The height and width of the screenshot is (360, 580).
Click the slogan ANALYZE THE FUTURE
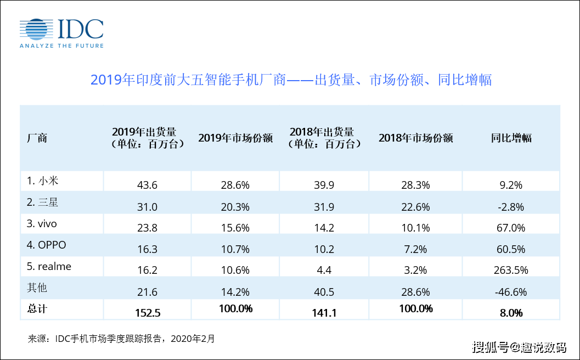(61, 46)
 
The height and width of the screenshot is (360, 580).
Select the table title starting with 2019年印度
(290, 80)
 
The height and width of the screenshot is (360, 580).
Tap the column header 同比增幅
(511, 138)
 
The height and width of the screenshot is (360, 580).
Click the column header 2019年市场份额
(235, 138)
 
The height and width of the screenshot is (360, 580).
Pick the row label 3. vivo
(42, 223)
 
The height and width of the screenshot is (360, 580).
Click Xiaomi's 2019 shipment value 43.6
(147, 185)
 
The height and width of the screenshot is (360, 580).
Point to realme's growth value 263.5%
(511, 270)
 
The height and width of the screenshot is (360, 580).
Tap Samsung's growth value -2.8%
(511, 207)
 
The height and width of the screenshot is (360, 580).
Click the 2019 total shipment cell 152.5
(147, 313)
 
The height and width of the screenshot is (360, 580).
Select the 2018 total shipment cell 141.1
(324, 313)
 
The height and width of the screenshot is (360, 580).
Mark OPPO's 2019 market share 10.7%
(235, 249)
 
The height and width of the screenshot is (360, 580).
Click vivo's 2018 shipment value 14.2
(324, 228)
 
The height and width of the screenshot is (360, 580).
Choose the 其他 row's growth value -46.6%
(511, 291)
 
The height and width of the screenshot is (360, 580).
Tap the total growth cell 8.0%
(511, 313)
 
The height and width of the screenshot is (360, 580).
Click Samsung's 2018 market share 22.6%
(415, 207)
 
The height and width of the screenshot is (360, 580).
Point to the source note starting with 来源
(121, 339)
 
